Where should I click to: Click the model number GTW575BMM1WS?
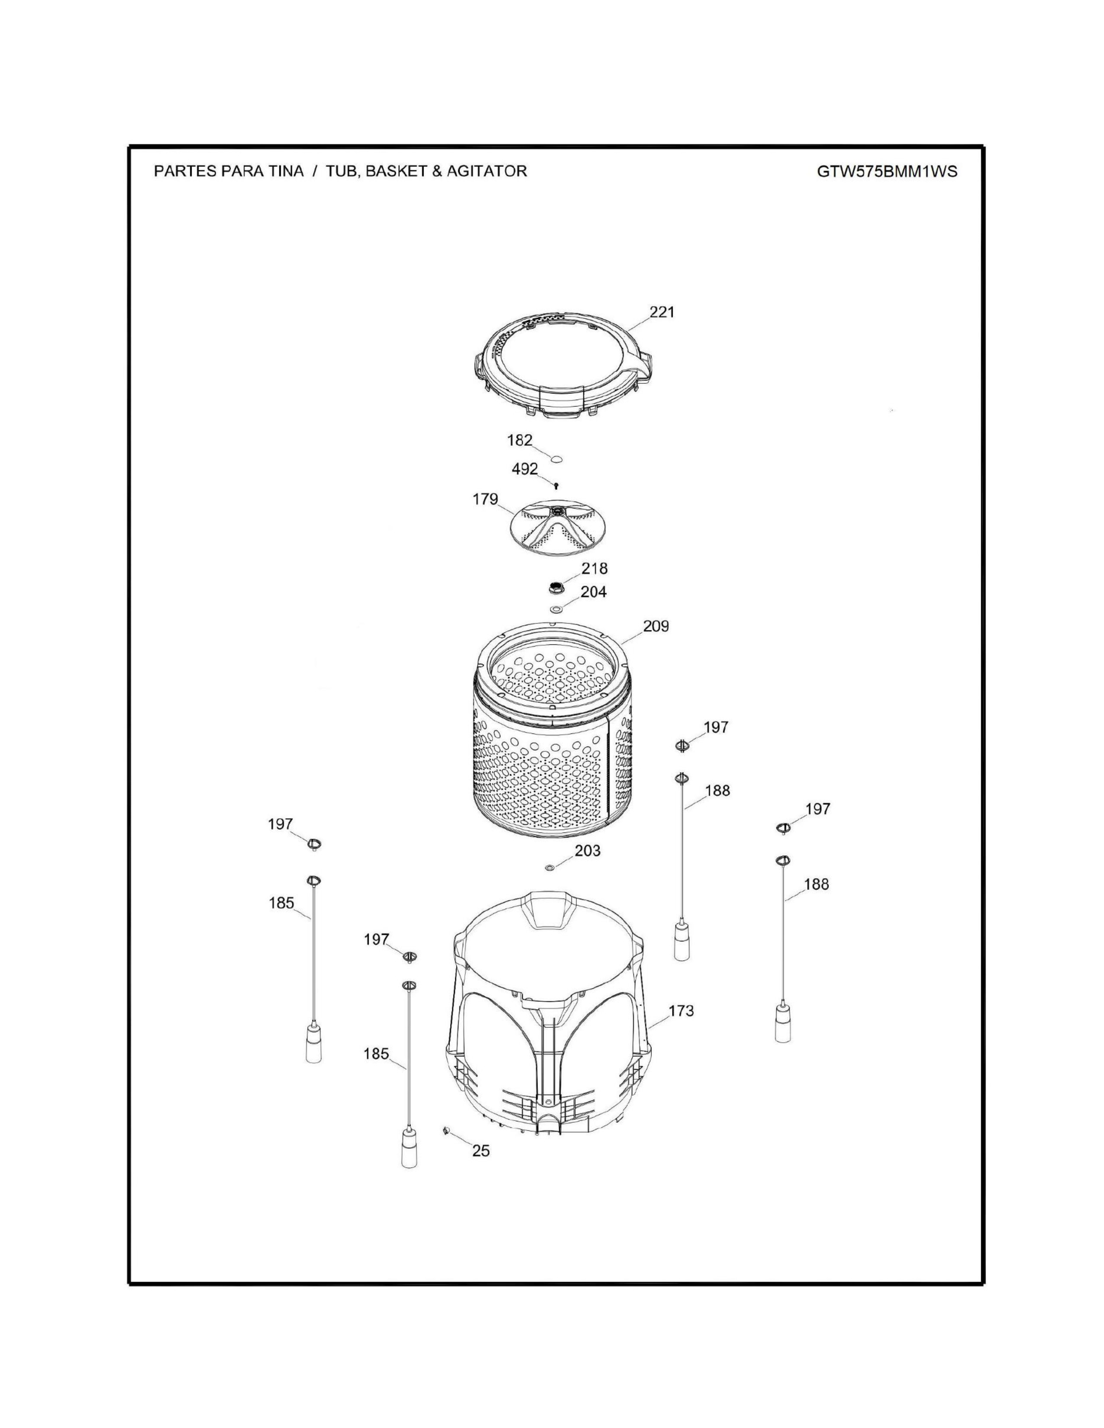tap(887, 171)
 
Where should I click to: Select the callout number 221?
tap(662, 312)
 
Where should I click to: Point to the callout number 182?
tap(520, 441)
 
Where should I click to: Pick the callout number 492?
tap(525, 469)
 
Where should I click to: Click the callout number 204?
tap(594, 592)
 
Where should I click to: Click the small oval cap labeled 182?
tap(556, 459)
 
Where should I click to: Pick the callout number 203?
tap(588, 851)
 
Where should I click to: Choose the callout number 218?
tap(594, 568)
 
